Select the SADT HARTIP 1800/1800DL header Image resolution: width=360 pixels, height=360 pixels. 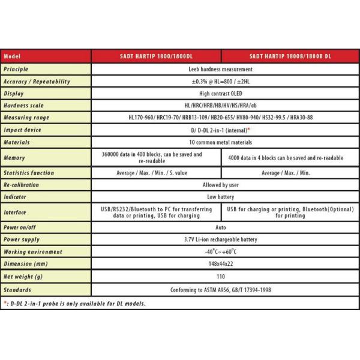pyautogui.click(x=157, y=56)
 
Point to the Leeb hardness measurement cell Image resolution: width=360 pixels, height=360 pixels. pyautogui.click(x=223, y=69)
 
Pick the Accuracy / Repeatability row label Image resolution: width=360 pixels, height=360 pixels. pyautogui.click(x=36, y=82)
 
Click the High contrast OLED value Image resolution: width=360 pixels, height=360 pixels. pyautogui.click(x=223, y=94)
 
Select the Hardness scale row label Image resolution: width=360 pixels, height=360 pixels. pyautogui.click(x=28, y=106)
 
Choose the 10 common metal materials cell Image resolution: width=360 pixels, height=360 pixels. pyautogui.click(x=223, y=142)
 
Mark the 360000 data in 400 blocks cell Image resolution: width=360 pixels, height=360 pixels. pyautogui.click(x=157, y=158)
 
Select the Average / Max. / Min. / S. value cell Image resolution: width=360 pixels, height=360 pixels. pyautogui.click(x=157, y=173)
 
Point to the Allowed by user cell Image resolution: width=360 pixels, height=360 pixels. pyautogui.click(x=223, y=185)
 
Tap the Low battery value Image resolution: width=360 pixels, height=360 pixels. pyautogui.click(x=223, y=197)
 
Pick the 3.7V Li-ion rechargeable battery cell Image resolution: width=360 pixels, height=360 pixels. pyautogui.click(x=223, y=239)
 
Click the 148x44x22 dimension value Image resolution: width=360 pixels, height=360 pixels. pyautogui.click(x=223, y=264)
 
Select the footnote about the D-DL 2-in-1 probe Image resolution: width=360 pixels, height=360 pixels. pyautogui.click(x=75, y=303)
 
